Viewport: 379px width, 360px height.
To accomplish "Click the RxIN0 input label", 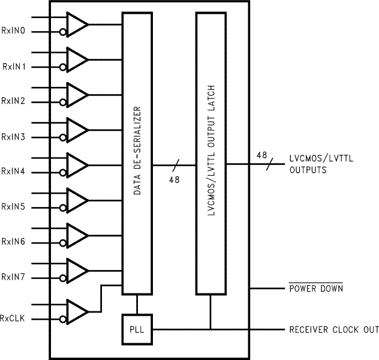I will (13, 30).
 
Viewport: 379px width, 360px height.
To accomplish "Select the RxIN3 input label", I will (13, 137).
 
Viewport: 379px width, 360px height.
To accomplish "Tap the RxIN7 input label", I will (13, 277).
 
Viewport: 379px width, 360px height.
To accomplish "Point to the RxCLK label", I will (13, 317).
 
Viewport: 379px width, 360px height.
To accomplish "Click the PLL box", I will (137, 329).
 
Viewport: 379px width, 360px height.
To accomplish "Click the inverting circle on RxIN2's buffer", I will (62, 102).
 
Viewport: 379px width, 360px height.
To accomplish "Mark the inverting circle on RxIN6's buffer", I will (62, 242).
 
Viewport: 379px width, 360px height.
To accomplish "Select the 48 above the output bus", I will (261, 155).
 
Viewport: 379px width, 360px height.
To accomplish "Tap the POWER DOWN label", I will (316, 289).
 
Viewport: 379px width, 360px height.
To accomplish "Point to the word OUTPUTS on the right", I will (308, 170).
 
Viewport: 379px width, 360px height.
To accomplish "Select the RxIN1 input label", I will (13, 66).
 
